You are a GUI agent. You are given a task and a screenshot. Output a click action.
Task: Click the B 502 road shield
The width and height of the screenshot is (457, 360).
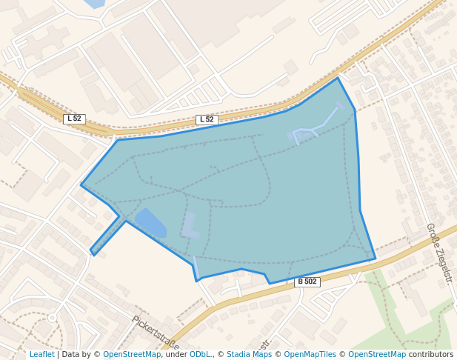pos(307,281)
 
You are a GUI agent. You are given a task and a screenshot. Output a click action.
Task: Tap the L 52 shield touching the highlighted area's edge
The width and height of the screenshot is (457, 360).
pos(207,119)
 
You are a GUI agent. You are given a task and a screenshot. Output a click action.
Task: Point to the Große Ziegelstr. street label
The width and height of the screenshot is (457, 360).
pos(438,247)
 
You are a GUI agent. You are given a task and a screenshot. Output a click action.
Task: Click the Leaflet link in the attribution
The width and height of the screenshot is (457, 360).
pos(41,354)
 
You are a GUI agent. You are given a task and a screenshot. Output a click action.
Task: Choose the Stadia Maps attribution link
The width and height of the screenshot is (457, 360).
pos(249,354)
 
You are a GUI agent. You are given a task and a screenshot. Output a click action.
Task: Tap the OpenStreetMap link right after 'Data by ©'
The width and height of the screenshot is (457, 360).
pos(132,354)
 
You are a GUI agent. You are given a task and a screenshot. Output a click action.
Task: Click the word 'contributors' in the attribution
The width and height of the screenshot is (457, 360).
pos(430,354)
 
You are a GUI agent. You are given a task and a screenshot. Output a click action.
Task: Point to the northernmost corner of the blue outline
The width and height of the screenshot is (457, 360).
pos(338,78)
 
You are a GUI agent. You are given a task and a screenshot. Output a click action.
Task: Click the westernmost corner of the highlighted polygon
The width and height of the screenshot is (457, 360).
pos(81,185)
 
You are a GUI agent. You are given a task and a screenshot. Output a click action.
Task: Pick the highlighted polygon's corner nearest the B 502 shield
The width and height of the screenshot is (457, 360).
pos(269,283)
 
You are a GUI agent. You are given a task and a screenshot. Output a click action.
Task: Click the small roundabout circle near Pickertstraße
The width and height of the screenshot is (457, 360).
pos(52,318)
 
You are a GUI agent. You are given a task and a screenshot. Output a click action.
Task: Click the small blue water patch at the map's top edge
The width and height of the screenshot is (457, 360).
pos(94,4)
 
